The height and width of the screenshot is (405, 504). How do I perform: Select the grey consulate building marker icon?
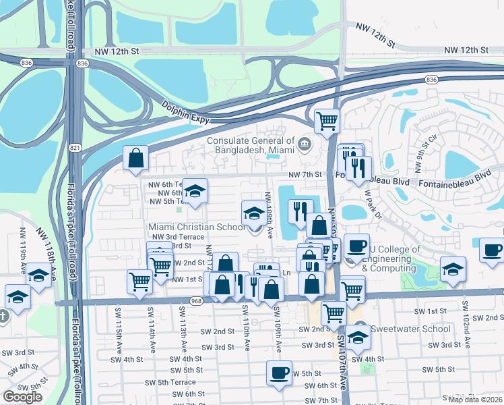click(305, 143)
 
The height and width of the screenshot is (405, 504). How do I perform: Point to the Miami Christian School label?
click(197, 227)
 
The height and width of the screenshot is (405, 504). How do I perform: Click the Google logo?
click(22, 397)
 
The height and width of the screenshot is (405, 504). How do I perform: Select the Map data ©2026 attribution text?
click(476, 400)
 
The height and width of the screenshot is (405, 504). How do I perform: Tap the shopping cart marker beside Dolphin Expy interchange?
click(327, 121)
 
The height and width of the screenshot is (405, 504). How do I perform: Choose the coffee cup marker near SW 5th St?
click(279, 373)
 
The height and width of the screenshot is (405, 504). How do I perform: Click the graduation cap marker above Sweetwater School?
click(358, 336)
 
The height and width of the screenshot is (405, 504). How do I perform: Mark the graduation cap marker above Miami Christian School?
click(254, 213)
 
